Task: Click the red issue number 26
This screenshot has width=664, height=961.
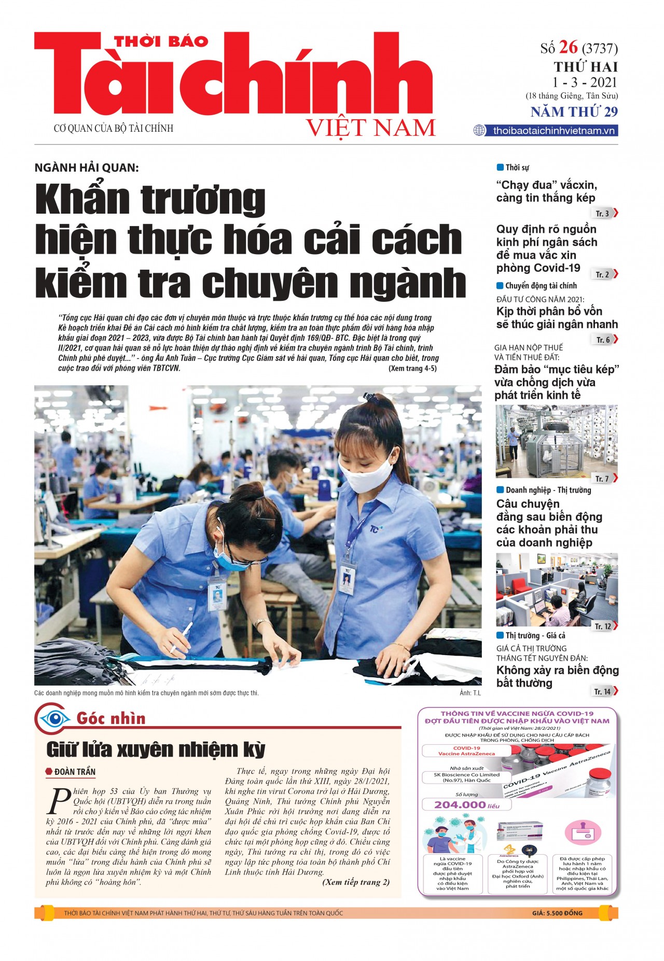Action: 569,47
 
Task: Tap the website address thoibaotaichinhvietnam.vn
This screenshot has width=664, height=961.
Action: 554,131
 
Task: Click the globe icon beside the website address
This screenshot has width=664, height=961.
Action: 479,131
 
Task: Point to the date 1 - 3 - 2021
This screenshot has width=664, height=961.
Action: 584,82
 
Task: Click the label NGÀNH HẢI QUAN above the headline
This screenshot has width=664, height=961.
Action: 87,168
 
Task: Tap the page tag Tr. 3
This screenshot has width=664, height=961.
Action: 602,213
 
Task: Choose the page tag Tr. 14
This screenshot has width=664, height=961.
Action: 603,691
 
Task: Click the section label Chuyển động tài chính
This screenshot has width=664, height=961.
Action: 541,286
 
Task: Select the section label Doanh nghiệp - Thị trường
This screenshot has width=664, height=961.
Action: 548,490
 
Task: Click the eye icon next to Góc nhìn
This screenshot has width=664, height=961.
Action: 55,719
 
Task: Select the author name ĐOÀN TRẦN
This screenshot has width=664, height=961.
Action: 75,772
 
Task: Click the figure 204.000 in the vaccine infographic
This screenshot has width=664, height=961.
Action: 460,804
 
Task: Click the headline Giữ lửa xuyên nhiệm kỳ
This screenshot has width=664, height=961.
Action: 156,749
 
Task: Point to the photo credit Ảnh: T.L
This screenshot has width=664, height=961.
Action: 470,693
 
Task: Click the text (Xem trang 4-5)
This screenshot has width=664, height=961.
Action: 412,368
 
